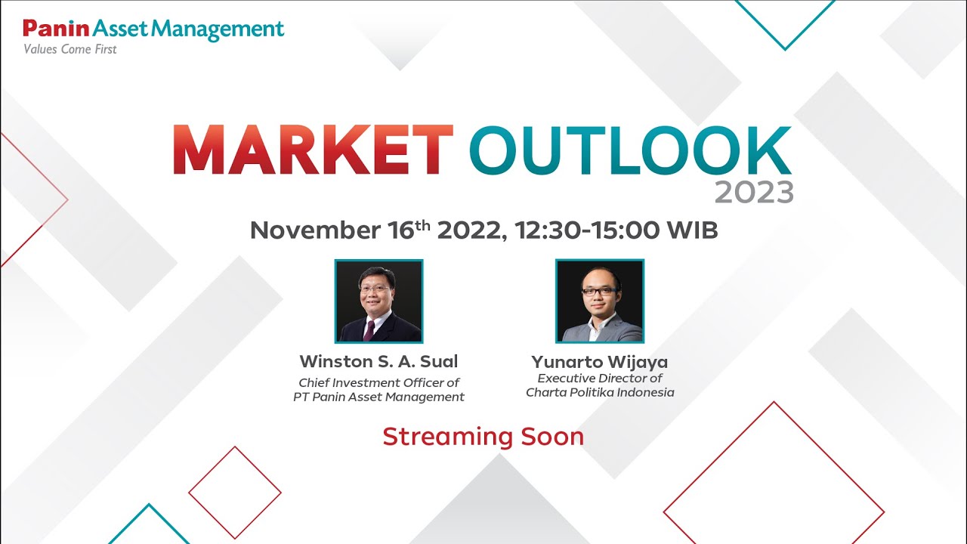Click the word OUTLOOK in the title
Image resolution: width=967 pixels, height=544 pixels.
tap(629, 151)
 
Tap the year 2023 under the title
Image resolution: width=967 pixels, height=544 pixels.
tap(753, 193)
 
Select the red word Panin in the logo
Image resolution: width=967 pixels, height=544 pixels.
tap(56, 29)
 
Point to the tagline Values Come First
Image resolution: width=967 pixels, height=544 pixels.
tap(70, 50)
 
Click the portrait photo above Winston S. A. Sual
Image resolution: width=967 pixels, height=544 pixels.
tap(378, 301)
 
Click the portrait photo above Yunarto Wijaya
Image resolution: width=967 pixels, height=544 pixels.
tap(600, 301)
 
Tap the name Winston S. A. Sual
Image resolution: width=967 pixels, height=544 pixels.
tap(378, 361)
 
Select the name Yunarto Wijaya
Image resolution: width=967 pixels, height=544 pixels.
tap(600, 362)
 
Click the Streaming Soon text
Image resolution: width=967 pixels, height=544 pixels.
tap(483, 437)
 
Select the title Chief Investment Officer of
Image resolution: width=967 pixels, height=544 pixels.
tap(378, 382)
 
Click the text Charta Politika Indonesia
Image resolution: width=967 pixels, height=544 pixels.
tap(600, 392)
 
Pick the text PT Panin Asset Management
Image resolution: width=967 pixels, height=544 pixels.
tap(378, 397)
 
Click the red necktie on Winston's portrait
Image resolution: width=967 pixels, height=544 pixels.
tap(369, 329)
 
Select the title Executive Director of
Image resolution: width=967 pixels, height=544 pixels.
tap(600, 378)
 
